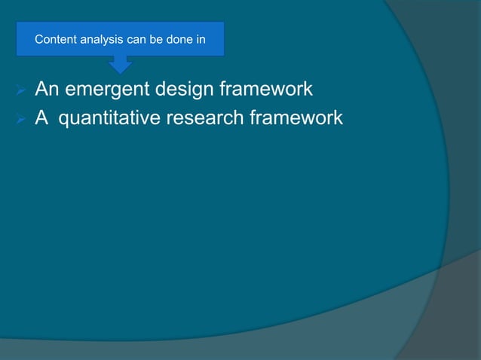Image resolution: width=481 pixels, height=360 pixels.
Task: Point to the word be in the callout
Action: (155, 40)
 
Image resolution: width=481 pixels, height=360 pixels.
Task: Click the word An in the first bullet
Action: (47, 91)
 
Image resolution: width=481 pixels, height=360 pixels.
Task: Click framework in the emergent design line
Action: (267, 91)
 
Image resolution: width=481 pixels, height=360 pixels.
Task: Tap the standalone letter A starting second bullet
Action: (41, 119)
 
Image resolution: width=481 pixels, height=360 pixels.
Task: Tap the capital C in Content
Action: (38, 40)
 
